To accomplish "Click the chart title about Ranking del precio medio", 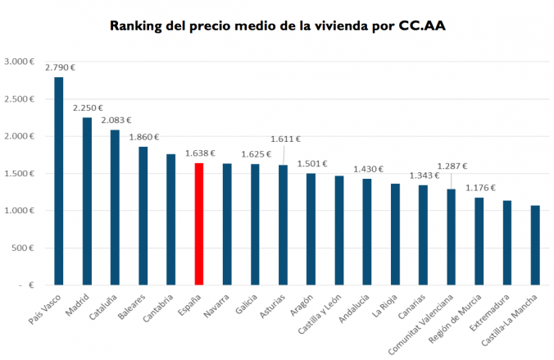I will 278,25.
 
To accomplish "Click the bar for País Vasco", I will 59,180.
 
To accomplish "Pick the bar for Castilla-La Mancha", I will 535,245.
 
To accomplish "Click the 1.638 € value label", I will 200,153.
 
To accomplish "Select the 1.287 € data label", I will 452,166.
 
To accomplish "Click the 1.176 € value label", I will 481,187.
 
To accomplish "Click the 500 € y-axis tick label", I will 22,248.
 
